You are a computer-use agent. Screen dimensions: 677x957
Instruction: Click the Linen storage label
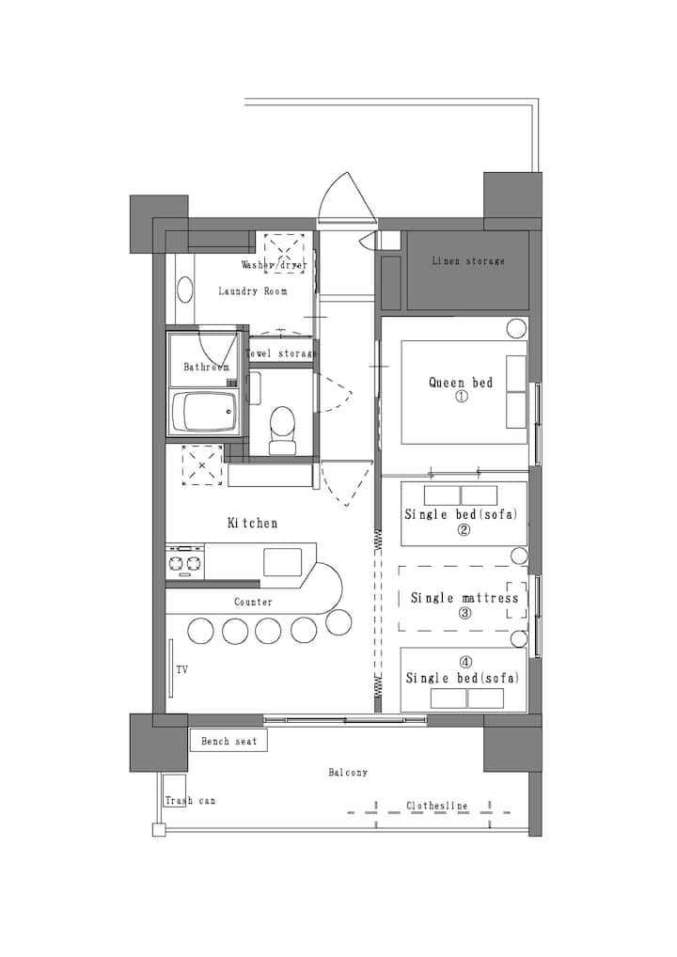[x=468, y=261]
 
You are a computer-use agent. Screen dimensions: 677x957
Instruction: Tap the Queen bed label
[x=461, y=383]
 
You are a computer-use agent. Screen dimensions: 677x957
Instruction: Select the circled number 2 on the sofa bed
[x=464, y=530]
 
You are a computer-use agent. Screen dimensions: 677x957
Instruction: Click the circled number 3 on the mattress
[x=465, y=613]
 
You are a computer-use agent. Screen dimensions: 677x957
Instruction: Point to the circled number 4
[x=465, y=662]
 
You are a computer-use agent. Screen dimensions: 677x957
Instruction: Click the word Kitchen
[x=252, y=523]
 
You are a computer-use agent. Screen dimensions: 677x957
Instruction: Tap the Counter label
[x=253, y=602]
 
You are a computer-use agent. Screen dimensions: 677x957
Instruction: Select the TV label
[x=181, y=669]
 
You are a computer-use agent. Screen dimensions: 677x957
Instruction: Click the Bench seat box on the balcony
[x=228, y=741]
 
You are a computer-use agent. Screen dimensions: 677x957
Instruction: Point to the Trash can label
[x=190, y=800]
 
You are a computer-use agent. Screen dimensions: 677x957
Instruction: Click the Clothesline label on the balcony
[x=437, y=806]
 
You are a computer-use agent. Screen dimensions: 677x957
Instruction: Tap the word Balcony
[x=348, y=772]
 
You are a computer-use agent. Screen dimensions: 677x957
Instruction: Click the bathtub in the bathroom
[x=204, y=412]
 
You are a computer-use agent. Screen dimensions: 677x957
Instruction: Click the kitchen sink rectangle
[x=282, y=562]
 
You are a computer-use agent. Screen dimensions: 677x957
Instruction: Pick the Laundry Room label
[x=253, y=291]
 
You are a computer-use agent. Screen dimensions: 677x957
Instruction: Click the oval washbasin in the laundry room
[x=184, y=290]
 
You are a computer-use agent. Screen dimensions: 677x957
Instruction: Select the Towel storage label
[x=281, y=353]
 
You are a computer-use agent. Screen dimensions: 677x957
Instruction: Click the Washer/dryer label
[x=275, y=265]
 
